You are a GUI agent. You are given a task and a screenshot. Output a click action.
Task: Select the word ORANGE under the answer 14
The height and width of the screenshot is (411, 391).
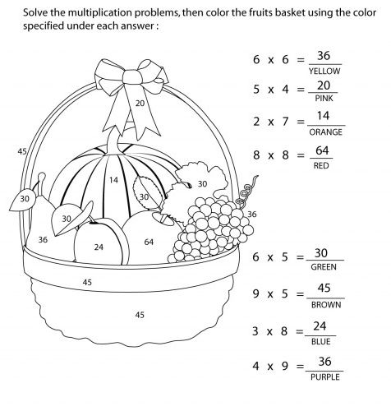point(324,131)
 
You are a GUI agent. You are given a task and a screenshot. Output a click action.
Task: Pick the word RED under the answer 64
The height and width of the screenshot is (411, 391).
point(322,165)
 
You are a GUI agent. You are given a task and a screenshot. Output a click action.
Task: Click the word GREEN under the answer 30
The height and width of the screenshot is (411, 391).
point(323,267)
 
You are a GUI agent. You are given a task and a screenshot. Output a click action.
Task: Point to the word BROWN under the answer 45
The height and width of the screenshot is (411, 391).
point(323,302)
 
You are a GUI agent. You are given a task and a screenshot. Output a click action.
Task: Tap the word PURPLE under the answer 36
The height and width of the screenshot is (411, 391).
point(323,376)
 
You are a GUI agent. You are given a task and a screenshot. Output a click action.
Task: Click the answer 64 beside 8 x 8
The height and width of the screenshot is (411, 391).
point(322,151)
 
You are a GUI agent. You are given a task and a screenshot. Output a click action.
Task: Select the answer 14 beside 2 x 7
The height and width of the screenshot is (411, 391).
point(324,117)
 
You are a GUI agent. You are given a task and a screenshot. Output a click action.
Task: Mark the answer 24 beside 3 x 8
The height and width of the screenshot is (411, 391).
point(322,326)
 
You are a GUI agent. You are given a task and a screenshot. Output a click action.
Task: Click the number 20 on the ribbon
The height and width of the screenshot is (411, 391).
point(140,103)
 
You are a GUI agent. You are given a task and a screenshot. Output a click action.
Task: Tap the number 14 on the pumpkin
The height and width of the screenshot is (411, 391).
point(113,179)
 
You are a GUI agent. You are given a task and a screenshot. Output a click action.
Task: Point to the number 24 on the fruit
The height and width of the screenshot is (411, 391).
point(99,247)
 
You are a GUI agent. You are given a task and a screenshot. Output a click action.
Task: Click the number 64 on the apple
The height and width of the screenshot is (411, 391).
point(149,242)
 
